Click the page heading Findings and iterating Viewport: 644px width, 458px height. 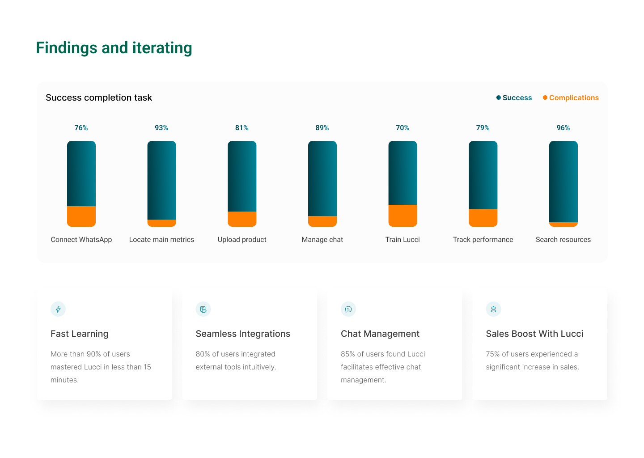[x=114, y=48]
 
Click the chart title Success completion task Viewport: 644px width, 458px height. [x=99, y=98]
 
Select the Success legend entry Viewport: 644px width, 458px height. [x=514, y=98]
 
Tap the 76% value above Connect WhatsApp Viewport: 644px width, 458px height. [x=81, y=128]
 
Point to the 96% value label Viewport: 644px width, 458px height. [x=563, y=128]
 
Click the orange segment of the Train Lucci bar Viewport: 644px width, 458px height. [x=402, y=216]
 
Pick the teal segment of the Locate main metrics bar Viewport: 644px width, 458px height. [x=161, y=180]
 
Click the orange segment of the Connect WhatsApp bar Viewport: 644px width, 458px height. [x=81, y=216]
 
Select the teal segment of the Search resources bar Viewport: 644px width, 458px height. [x=563, y=182]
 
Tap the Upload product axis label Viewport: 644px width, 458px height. [x=242, y=240]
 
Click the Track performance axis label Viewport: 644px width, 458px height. [x=483, y=240]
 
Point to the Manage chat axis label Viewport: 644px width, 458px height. [x=322, y=240]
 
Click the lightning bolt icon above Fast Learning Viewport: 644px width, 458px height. [x=58, y=309]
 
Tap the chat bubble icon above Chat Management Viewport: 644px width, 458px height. [x=348, y=309]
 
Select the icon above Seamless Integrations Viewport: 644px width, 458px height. [x=203, y=309]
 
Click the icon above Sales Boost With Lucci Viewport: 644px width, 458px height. [x=493, y=309]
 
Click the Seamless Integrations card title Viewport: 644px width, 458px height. [x=243, y=334]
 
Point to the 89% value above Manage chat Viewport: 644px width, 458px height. [x=322, y=128]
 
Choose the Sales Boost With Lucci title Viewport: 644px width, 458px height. [x=534, y=334]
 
